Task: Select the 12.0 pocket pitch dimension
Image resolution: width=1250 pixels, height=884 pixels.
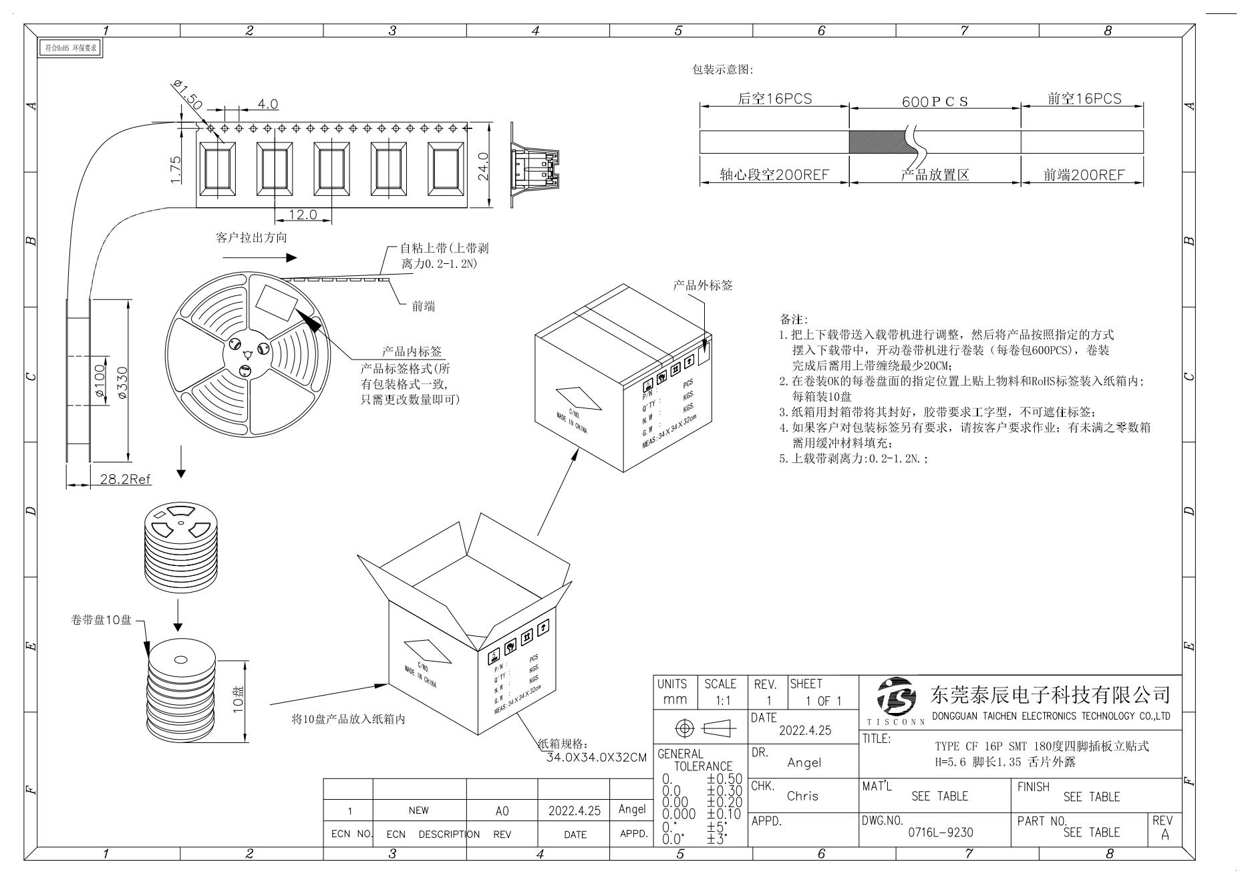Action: point(303,214)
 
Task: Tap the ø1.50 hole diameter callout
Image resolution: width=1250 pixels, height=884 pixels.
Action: point(186,94)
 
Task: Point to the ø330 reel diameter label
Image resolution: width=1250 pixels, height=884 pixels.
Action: point(122,383)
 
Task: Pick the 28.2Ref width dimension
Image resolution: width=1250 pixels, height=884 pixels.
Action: point(126,479)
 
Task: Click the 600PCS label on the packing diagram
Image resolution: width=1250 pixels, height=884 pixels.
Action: point(935,102)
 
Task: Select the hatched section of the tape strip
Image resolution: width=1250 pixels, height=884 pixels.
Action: point(876,142)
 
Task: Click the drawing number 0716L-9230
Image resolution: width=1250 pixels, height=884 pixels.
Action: point(940,833)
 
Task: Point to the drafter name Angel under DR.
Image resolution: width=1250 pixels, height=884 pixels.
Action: point(804,762)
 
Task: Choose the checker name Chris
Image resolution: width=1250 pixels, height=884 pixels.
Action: point(802,796)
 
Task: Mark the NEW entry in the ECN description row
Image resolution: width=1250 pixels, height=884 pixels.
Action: point(419,811)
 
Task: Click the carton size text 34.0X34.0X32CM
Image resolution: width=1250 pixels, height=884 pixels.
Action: point(596,758)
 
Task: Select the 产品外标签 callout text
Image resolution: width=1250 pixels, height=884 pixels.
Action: point(702,285)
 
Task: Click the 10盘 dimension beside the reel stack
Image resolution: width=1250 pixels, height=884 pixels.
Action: point(238,700)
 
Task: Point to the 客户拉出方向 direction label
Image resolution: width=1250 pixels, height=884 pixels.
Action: point(252,238)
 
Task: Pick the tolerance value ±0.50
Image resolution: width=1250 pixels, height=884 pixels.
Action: point(724,779)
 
